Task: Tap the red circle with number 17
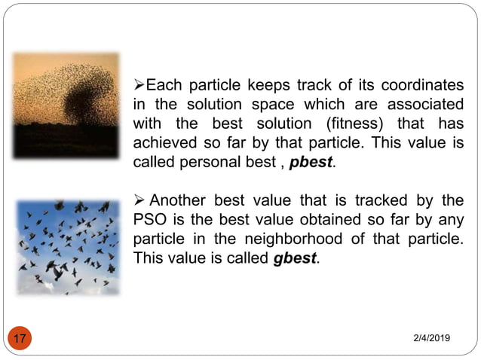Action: [x=20, y=338]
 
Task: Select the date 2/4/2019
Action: [x=430, y=340]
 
